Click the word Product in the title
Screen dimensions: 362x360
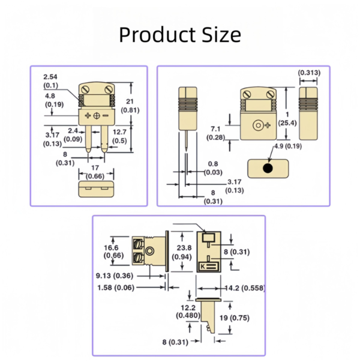[149, 34]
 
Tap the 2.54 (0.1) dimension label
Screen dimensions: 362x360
[52, 81]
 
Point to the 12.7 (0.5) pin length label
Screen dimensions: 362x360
[119, 136]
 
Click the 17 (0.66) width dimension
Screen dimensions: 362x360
[95, 172]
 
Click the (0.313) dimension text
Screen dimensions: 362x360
[309, 73]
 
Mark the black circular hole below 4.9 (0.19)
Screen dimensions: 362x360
[268, 168]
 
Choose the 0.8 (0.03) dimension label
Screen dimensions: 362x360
[212, 168]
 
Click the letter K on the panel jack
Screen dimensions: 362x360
[202, 265]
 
